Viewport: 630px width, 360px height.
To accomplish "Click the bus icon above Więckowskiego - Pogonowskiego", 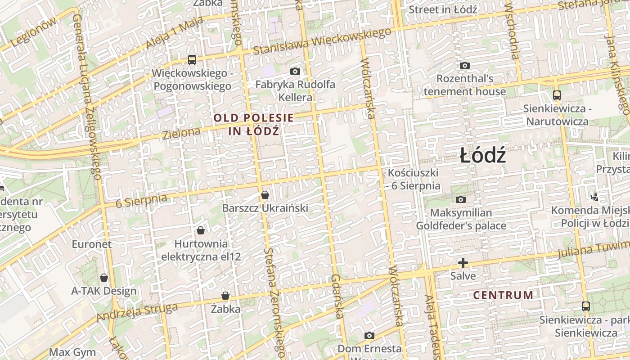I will point(192,59).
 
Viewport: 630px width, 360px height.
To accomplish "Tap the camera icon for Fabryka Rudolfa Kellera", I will point(295,71).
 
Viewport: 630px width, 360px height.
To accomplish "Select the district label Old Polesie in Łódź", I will point(254,125).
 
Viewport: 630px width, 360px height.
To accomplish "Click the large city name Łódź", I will point(483,156).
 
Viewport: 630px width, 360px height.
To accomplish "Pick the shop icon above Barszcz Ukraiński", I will point(265,195).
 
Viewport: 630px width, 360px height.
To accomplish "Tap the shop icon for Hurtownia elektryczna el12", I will point(201,230).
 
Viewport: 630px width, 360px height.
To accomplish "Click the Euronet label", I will point(92,244).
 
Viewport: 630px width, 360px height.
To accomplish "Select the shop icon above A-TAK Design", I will point(104,278).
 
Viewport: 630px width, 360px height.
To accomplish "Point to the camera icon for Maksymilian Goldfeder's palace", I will point(461,199).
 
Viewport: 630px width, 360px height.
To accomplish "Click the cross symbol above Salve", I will point(463,263).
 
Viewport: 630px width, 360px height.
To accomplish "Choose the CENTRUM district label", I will point(503,295).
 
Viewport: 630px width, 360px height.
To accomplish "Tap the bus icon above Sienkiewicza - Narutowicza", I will point(557,95).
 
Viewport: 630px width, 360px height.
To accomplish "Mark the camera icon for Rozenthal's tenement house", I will point(465,66).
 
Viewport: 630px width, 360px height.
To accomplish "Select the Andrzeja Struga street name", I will point(137,312).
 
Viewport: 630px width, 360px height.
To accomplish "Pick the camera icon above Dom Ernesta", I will point(369,335).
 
